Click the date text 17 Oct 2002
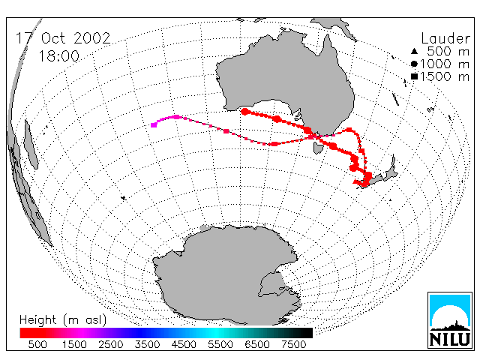pyautogui.click(x=63, y=38)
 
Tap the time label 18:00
pyautogui.click(x=58, y=56)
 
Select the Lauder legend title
pyautogui.click(x=445, y=38)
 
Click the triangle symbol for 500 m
pyautogui.click(x=414, y=51)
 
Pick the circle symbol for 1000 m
pyautogui.click(x=414, y=64)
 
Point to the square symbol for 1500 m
pyautogui.click(x=414, y=76)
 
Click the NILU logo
pyautogui.click(x=450, y=320)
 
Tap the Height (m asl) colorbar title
pyautogui.click(x=63, y=320)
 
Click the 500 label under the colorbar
pyautogui.click(x=37, y=344)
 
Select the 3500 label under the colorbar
pyautogui.click(x=147, y=344)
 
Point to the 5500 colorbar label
pyautogui.click(x=220, y=344)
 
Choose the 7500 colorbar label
pyautogui.click(x=293, y=344)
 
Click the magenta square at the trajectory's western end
pyautogui.click(x=154, y=124)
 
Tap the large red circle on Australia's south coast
pyautogui.click(x=244, y=112)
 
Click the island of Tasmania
pyautogui.click(x=318, y=148)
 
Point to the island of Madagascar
pyautogui.click(x=31, y=145)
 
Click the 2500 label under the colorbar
pyautogui.click(x=111, y=344)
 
